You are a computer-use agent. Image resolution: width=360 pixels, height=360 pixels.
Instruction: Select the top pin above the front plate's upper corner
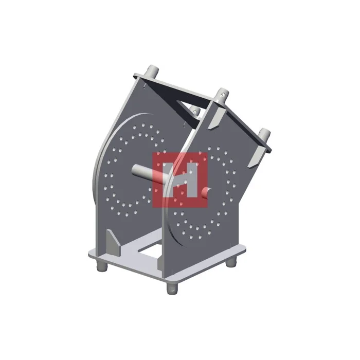point(223,94)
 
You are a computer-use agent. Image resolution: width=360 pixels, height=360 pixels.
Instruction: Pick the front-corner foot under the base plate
point(171,287)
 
